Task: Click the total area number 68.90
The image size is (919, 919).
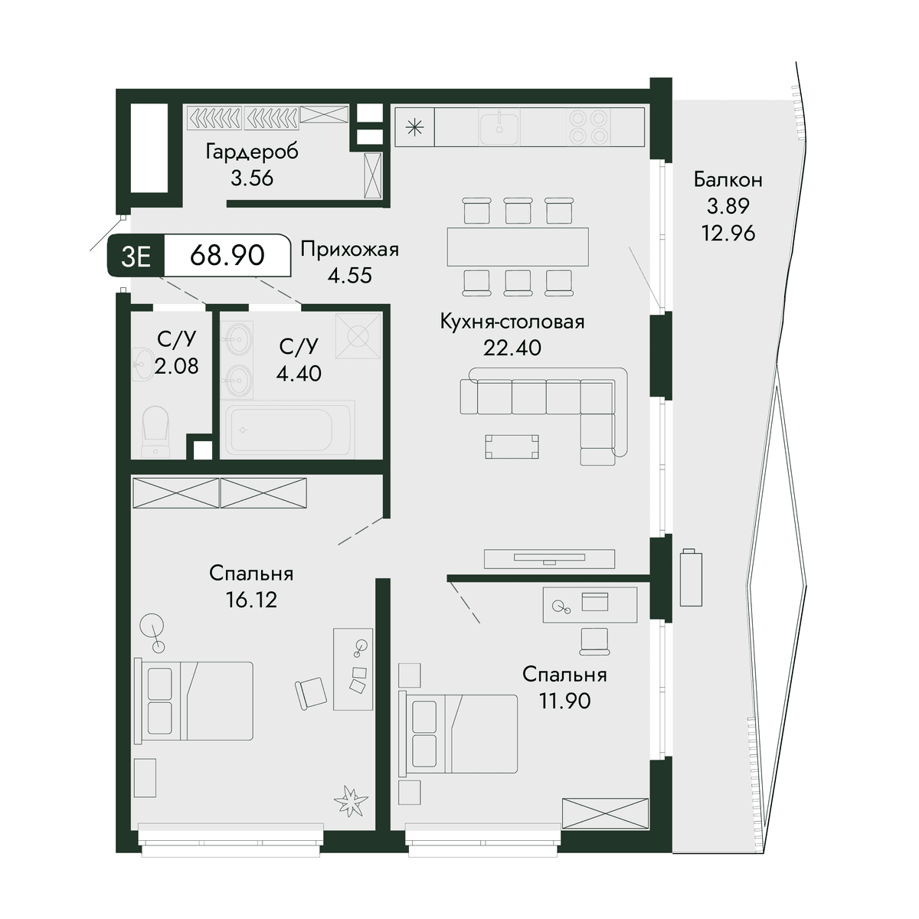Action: pyautogui.click(x=227, y=256)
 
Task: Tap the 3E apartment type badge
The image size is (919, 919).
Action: pyautogui.click(x=136, y=256)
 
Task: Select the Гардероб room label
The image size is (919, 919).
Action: pyautogui.click(x=252, y=152)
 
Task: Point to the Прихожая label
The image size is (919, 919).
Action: pyautogui.click(x=349, y=250)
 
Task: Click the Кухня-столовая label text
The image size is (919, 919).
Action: pyautogui.click(x=512, y=322)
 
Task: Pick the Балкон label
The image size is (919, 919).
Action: pyautogui.click(x=728, y=180)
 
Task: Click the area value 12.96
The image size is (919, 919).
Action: pyautogui.click(x=728, y=234)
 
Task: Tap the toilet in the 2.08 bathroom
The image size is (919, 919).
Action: pyautogui.click(x=156, y=432)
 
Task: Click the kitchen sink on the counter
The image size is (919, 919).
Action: pyautogui.click(x=499, y=129)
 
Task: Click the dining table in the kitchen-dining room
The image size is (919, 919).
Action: pyautogui.click(x=518, y=247)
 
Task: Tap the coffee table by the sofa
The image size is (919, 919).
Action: pyautogui.click(x=512, y=446)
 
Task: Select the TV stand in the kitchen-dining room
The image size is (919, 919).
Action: pyautogui.click(x=549, y=559)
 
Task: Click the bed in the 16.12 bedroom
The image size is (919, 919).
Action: pyautogui.click(x=194, y=701)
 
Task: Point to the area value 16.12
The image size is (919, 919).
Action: pyautogui.click(x=251, y=600)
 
